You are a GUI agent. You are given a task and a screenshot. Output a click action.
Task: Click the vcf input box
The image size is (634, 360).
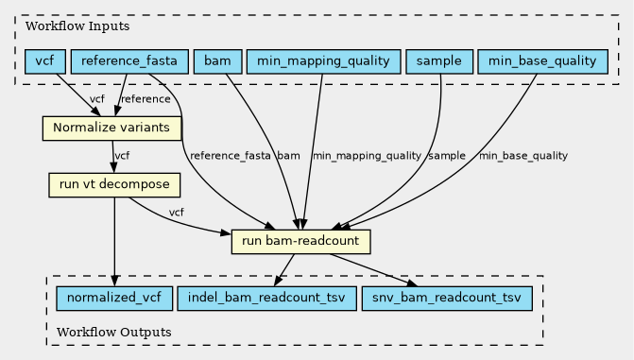point(45,61)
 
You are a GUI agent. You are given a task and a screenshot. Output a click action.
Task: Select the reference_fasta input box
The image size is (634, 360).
point(129,61)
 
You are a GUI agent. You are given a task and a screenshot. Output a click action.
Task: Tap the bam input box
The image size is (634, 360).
point(218,61)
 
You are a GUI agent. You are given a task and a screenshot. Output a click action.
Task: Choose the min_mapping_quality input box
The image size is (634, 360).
point(323,61)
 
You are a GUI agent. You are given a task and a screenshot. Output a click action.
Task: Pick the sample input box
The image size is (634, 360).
point(439,61)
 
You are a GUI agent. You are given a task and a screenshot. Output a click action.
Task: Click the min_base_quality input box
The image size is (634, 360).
point(542,61)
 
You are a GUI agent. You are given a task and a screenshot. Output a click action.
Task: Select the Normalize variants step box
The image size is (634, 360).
point(112,129)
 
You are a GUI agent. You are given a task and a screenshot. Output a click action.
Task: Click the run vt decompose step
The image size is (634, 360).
point(114,185)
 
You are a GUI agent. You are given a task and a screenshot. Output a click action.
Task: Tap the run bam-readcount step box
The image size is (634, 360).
point(300,242)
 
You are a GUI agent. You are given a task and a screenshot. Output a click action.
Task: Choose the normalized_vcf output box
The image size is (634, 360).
point(114,299)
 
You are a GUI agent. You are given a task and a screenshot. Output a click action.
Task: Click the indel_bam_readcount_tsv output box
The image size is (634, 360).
point(266,299)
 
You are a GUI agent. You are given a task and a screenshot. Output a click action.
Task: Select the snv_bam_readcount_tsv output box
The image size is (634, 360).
point(447,299)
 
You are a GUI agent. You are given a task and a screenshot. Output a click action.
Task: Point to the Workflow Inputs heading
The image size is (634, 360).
point(77,26)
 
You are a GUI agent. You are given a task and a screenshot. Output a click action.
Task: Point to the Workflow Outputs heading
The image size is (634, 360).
point(114,333)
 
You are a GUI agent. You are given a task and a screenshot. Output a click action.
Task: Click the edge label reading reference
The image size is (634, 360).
point(146,99)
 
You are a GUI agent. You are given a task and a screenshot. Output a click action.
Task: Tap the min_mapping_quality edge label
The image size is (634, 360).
point(368,156)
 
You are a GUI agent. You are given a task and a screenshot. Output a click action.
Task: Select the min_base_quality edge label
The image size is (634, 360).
point(523,156)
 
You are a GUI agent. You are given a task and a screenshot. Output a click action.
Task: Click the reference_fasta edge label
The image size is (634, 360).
point(230,156)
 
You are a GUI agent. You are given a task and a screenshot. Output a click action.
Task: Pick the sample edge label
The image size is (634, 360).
point(447,156)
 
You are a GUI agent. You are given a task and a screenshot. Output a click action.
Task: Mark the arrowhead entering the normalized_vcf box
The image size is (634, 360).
point(114,281)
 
